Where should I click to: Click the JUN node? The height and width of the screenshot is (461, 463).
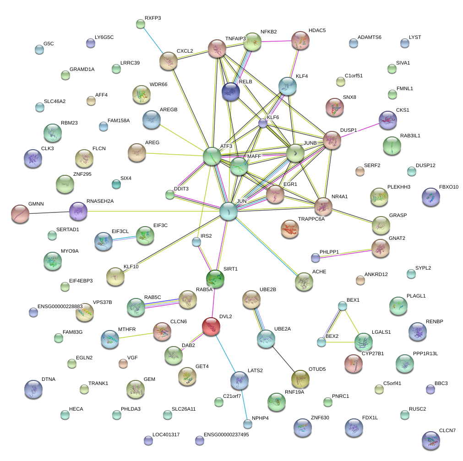pos(228,211)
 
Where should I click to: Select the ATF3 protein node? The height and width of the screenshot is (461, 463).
pos(212,156)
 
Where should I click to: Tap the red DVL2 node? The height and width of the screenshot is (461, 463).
pos(211,326)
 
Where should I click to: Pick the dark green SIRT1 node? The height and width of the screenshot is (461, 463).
pos(215,278)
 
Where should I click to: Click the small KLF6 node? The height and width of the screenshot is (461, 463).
pos(262,123)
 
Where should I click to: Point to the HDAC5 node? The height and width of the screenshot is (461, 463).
pos(300,41)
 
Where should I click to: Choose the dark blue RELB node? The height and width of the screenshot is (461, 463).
pos(230,92)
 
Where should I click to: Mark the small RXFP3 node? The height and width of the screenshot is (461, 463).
pos(141,24)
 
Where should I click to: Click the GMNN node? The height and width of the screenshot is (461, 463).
pos(19,213)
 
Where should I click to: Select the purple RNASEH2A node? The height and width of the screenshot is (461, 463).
pos(78,211)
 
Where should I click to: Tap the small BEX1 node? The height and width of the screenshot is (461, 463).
pos(342,305)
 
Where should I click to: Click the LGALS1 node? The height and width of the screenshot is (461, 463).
pos(364,341)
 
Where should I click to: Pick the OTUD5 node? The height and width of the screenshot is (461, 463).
pos(300,379)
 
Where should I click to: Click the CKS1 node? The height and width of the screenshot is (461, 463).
pos(388,120)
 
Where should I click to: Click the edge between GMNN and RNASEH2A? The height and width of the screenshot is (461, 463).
pos(49,212)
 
